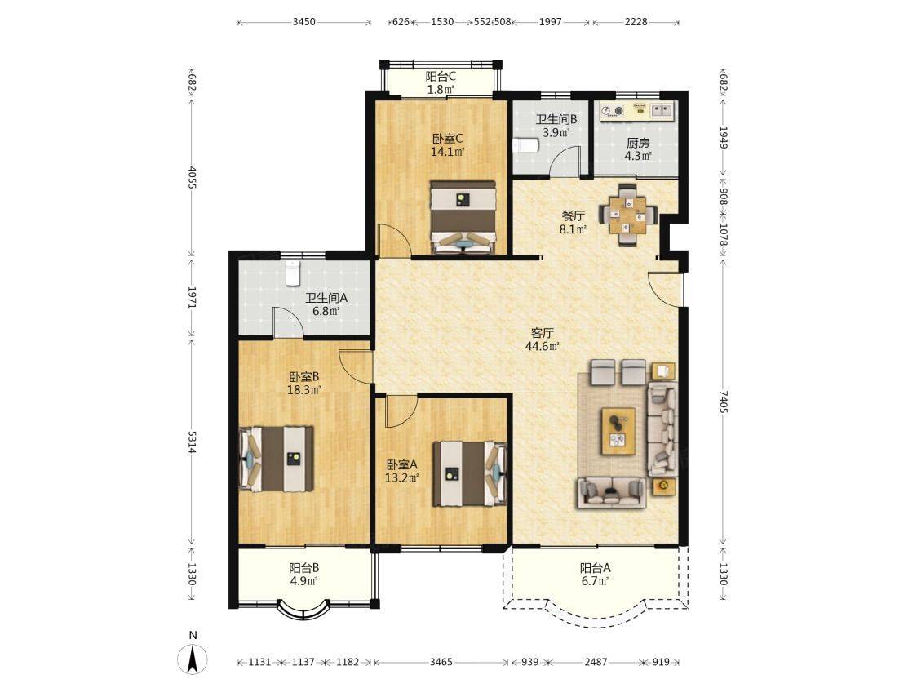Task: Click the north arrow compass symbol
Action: pyautogui.click(x=193, y=659)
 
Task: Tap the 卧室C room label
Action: pyautogui.click(x=448, y=139)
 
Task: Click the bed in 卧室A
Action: pyautogui.click(x=470, y=473)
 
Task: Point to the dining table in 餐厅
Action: pyautogui.click(x=627, y=215)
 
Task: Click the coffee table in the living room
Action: pyautogui.click(x=618, y=431)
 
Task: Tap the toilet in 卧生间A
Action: pyautogui.click(x=292, y=273)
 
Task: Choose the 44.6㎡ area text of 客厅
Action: pyautogui.click(x=543, y=346)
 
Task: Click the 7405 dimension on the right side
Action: pyautogui.click(x=724, y=402)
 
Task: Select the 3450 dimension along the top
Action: pyautogui.click(x=303, y=22)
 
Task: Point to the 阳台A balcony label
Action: pyautogui.click(x=596, y=567)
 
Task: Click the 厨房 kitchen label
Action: pyautogui.click(x=638, y=143)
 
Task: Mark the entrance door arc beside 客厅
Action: pyautogui.click(x=666, y=289)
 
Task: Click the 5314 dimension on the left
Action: pyautogui.click(x=192, y=442)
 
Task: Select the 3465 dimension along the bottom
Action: pyautogui.click(x=441, y=662)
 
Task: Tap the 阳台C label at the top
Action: pyautogui.click(x=441, y=76)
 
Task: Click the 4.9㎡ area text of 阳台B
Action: pyautogui.click(x=304, y=581)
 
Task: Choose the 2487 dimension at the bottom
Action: pyautogui.click(x=596, y=662)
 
